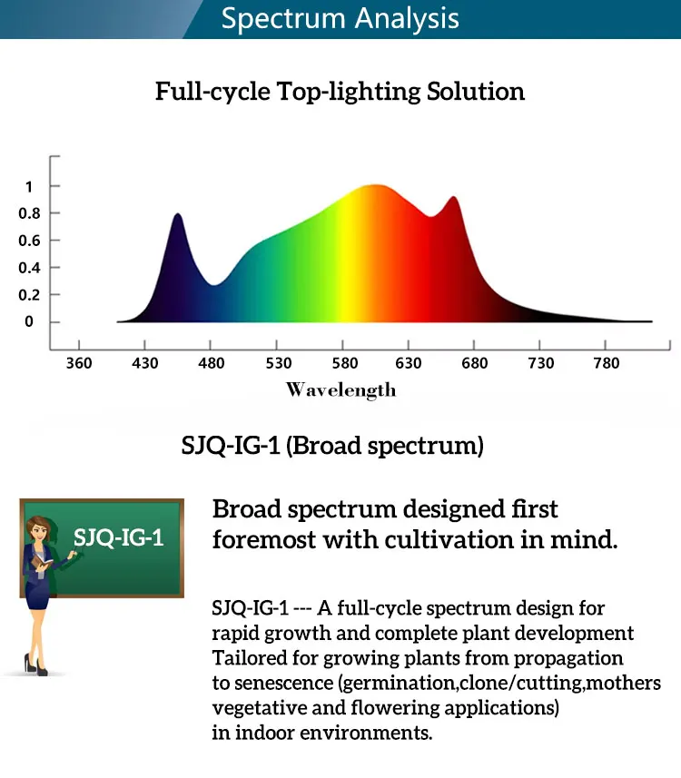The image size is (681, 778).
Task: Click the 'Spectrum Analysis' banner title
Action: point(340,19)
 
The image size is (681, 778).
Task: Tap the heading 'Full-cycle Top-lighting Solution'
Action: point(340,92)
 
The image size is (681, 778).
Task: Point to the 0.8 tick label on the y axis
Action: point(29,213)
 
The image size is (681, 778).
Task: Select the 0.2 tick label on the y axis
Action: point(29,295)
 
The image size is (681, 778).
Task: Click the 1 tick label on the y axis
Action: point(29,187)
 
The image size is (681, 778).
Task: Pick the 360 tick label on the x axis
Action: point(79,363)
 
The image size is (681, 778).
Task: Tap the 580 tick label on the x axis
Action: point(345,363)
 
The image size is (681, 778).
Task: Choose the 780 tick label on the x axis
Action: point(607,363)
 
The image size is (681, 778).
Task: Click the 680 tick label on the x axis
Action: point(475,363)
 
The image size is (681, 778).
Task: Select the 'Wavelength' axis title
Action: point(341,390)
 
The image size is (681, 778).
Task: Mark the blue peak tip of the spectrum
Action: point(178,214)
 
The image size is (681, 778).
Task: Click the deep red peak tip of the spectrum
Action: point(454,197)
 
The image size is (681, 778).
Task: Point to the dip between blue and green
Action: point(214,285)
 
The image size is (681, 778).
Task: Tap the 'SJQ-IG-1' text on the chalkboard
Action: point(119,537)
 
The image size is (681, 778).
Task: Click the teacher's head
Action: point(39,528)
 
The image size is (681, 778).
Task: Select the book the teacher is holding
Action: point(42,562)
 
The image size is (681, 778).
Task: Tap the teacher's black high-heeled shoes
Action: point(35,665)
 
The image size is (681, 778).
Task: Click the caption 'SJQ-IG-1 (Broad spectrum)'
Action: point(332,446)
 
